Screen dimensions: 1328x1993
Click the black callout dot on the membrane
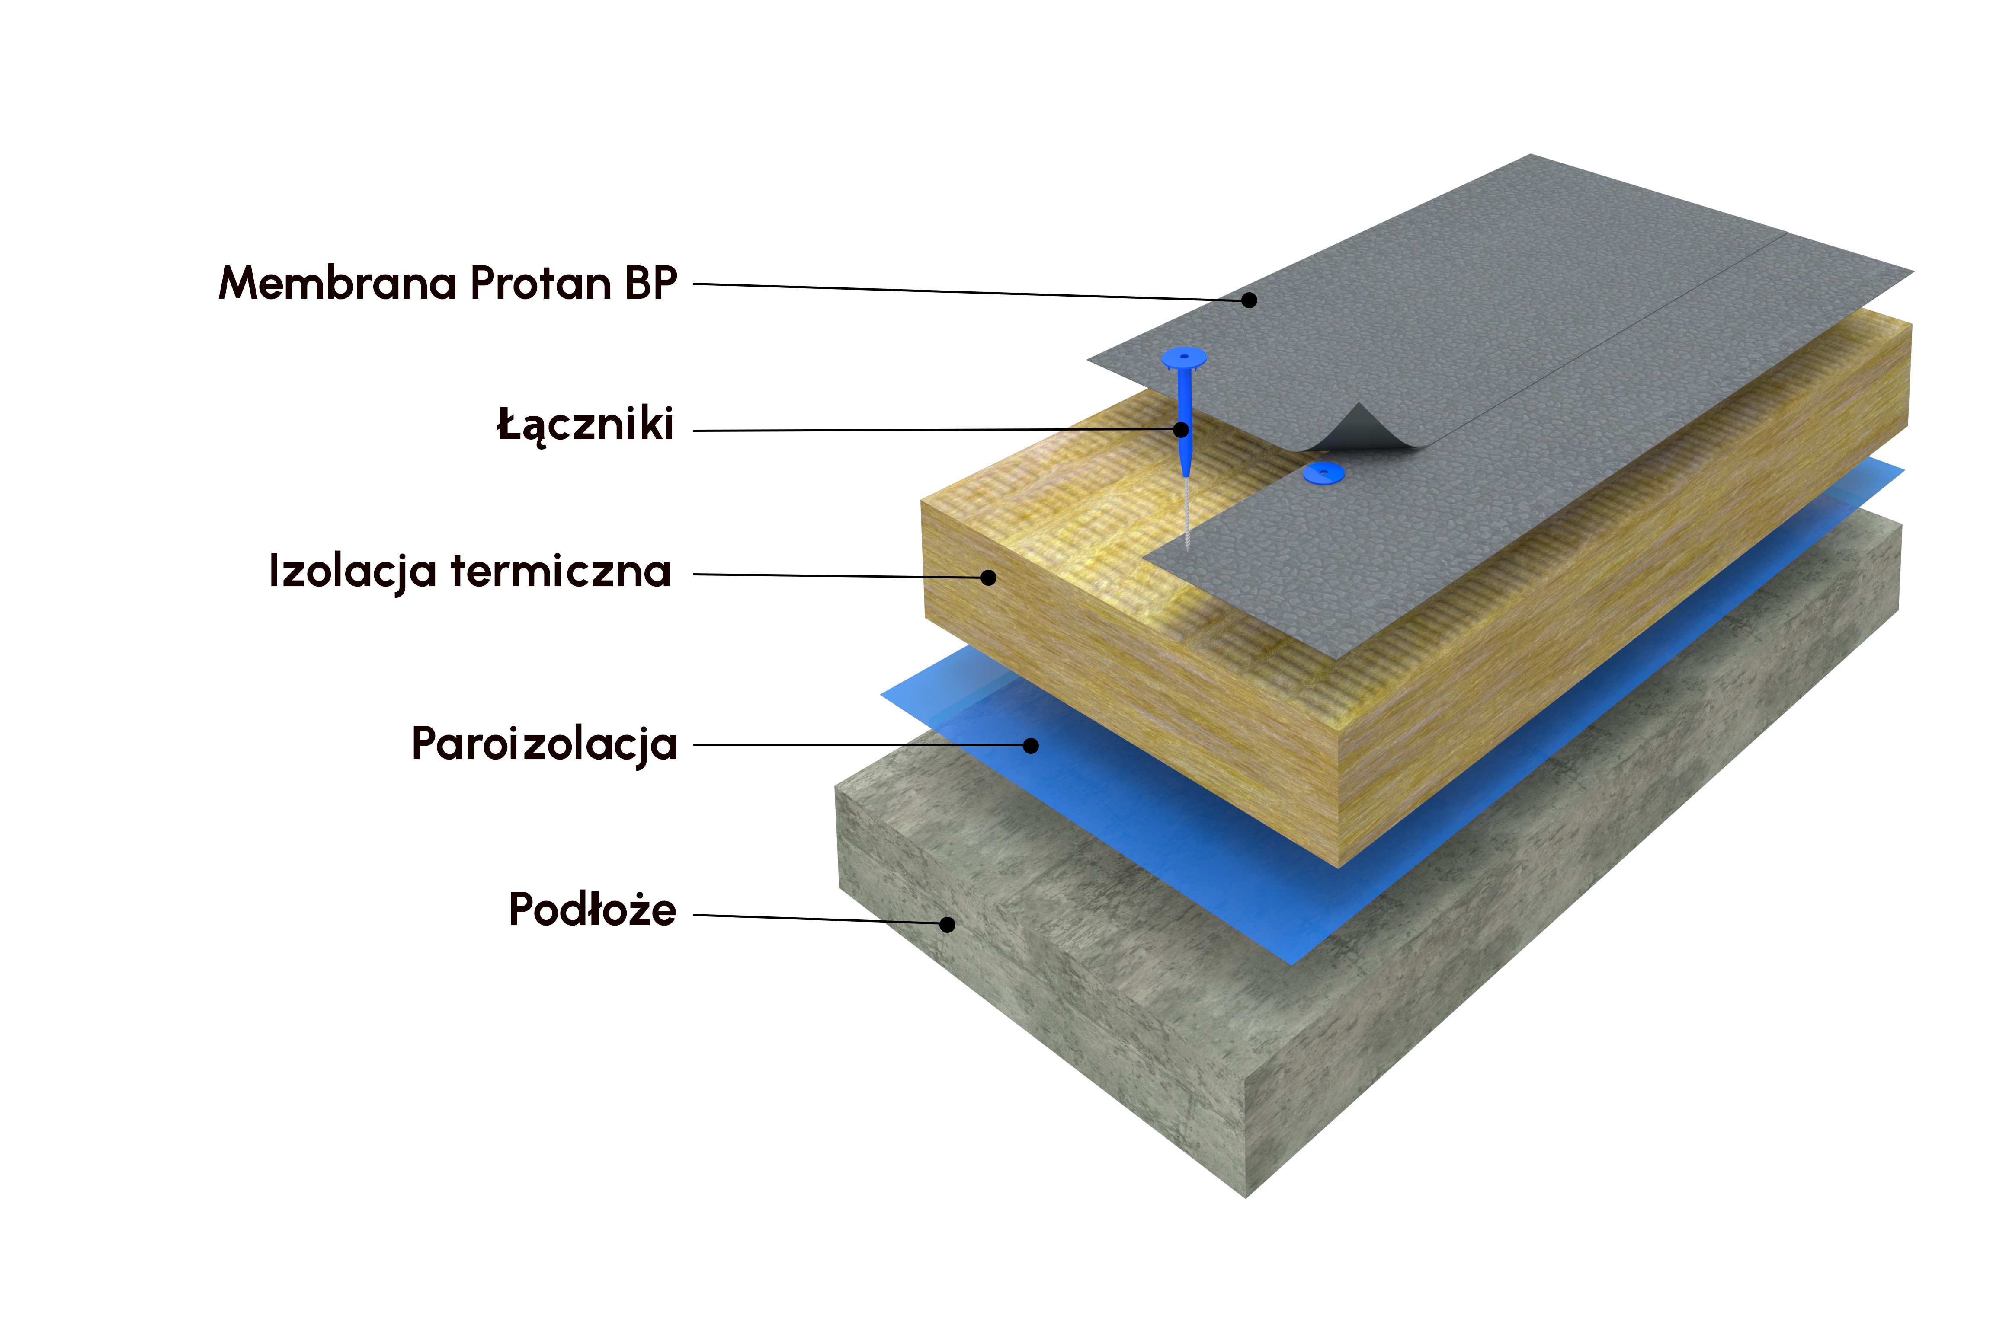pos(1249,300)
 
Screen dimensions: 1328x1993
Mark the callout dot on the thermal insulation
pos(988,578)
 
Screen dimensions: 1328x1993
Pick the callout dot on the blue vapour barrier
pos(1030,745)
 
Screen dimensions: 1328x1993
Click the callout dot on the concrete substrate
pos(947,925)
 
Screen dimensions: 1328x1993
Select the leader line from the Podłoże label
pos(814,919)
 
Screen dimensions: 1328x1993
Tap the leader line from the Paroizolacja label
pos(856,745)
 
